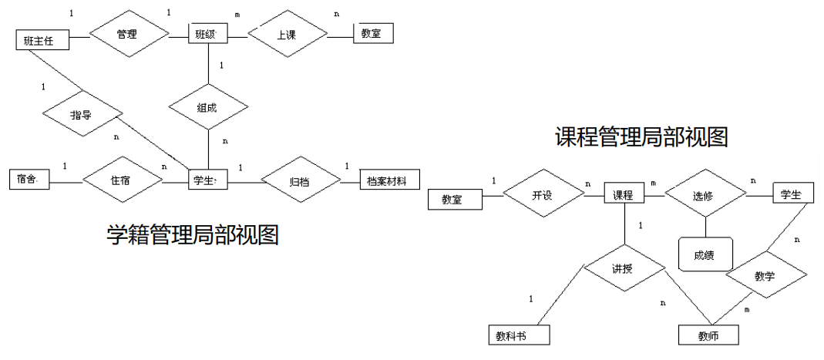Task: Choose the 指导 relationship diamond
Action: tap(81, 116)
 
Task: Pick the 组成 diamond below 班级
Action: tap(210, 108)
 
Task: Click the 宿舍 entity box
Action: tap(31, 180)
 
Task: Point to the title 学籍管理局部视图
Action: tap(192, 233)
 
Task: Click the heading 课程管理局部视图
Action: tap(642, 137)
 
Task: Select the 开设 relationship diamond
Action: tap(543, 195)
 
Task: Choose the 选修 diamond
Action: tap(705, 197)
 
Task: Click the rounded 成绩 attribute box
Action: tap(705, 254)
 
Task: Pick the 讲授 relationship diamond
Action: tap(624, 269)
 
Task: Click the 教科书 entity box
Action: tap(519, 335)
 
